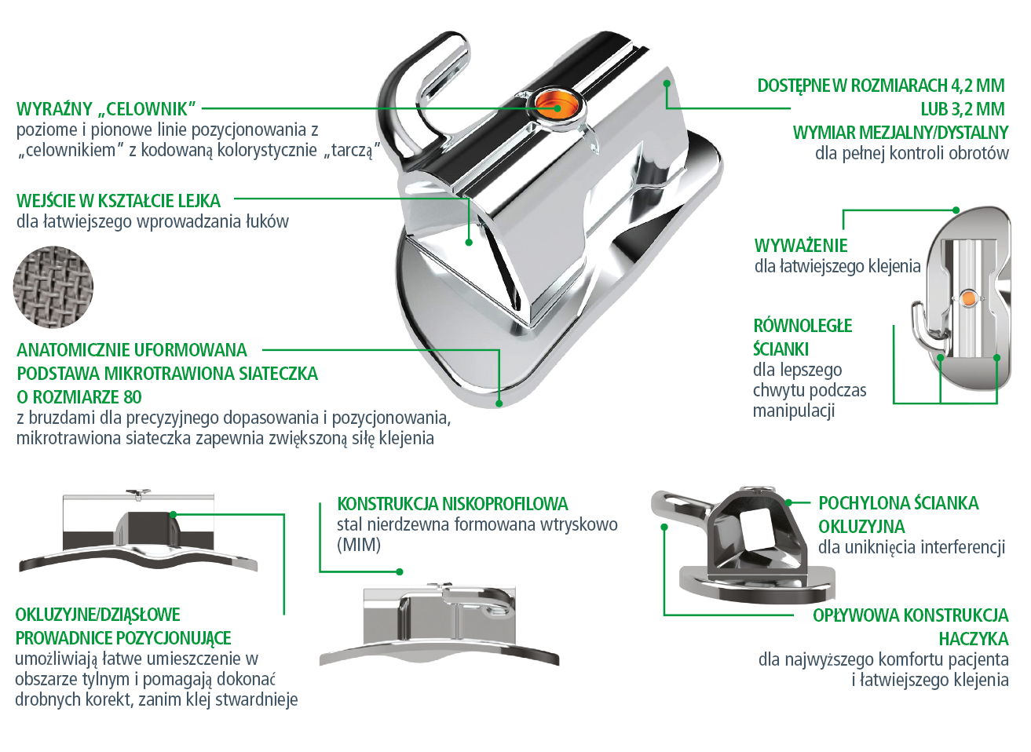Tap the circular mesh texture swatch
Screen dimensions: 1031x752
(x=53, y=287)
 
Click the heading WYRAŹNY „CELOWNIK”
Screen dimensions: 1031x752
(x=106, y=109)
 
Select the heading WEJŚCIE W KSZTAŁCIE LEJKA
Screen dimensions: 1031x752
(x=119, y=201)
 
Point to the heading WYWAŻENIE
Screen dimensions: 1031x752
(x=800, y=245)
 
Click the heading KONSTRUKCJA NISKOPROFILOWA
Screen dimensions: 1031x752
(x=452, y=503)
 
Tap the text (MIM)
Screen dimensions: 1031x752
(x=359, y=545)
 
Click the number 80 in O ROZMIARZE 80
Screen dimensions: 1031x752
(x=133, y=396)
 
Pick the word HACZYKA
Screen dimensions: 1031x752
(x=974, y=639)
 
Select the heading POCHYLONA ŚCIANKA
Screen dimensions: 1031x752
(x=898, y=503)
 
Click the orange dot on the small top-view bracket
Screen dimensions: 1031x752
(x=968, y=298)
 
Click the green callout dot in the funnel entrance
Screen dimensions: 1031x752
(x=469, y=242)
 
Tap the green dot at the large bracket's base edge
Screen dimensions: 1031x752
(x=499, y=403)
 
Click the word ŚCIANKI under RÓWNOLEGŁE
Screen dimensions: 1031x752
(x=781, y=349)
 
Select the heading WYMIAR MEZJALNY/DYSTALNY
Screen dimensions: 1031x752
(x=901, y=133)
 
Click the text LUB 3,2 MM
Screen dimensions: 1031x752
(x=963, y=109)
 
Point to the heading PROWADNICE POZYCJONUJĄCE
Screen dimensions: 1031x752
(x=123, y=638)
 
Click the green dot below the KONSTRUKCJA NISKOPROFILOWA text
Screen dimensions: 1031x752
(x=400, y=571)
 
